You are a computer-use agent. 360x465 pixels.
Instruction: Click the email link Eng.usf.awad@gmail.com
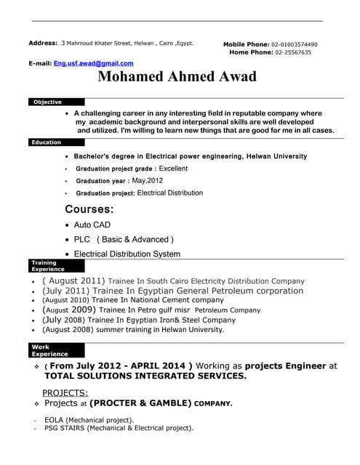(93, 63)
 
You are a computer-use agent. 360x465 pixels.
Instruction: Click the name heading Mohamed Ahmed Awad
(177, 77)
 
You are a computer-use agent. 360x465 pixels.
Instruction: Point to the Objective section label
(47, 102)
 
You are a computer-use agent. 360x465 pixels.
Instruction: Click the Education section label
(47, 142)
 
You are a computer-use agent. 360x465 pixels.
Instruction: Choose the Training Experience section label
(44, 266)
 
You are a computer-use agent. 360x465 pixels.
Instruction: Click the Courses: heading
(89, 209)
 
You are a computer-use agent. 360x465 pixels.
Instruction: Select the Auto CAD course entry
(92, 225)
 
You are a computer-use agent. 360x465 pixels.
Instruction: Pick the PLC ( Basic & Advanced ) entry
(124, 239)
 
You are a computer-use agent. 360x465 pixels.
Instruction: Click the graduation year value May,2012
(148, 180)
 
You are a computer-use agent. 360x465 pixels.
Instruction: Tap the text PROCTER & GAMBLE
(140, 403)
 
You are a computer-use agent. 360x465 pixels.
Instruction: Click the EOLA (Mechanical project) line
(89, 420)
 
